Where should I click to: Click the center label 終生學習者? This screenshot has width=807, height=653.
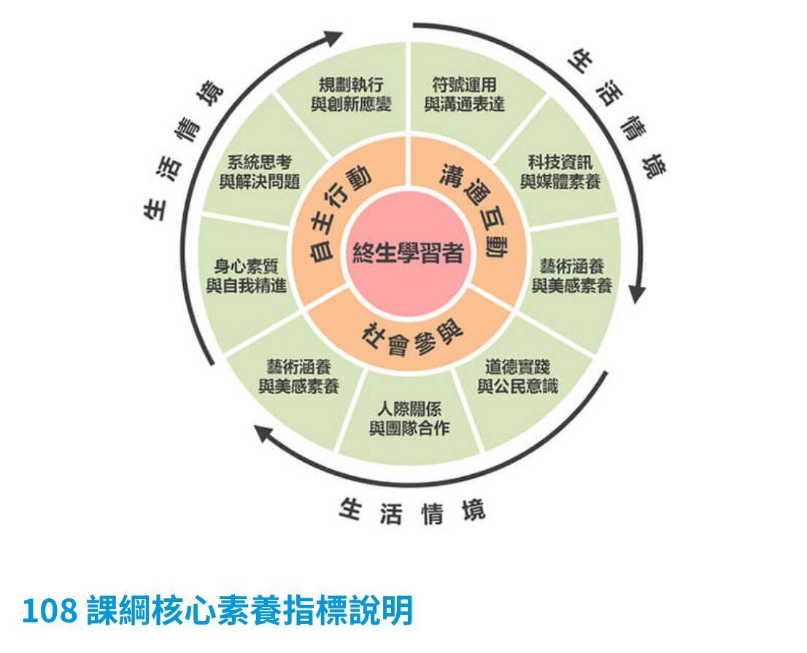coord(408,252)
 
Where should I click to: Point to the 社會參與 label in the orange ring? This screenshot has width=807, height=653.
coord(412,339)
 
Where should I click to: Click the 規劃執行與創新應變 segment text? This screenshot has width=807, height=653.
coord(351,94)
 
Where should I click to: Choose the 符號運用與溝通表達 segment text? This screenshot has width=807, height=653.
coord(464,94)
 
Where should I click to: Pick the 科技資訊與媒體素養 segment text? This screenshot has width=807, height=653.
coord(560,172)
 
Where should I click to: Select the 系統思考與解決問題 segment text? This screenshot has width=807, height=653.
coord(260,172)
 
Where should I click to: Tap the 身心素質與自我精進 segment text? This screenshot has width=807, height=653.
coord(247,276)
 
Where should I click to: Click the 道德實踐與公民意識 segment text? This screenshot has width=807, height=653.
coord(518,376)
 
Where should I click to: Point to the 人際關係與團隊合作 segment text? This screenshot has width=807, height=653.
coord(409,419)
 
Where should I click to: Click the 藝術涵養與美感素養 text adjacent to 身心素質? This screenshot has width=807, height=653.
coord(299,376)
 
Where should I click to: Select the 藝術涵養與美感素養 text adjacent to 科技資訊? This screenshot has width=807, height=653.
coord(572,276)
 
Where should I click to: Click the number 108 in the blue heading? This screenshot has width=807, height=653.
coord(50,611)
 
